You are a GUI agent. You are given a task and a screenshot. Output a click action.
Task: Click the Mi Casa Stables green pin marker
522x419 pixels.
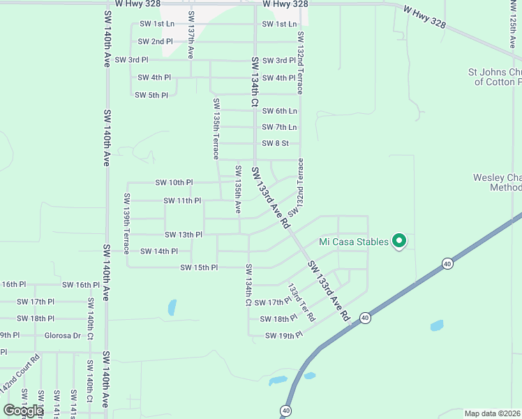point(399,241)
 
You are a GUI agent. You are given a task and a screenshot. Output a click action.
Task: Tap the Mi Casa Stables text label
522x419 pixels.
point(353,242)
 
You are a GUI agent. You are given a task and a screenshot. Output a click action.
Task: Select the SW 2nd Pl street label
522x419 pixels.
point(156,42)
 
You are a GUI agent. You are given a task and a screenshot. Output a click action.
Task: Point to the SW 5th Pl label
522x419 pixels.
point(151,95)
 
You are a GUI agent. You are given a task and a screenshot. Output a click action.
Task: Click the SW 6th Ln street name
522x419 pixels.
point(279,111)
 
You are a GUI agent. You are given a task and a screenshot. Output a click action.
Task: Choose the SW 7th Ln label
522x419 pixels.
point(279,127)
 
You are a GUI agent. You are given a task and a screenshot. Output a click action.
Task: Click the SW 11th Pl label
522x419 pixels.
point(181,201)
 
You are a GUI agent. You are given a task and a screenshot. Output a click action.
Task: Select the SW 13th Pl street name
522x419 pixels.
point(183,235)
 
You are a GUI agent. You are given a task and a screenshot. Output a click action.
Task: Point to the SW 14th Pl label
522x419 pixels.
point(158,251)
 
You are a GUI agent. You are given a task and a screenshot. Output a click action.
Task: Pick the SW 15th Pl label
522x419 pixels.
point(199,267)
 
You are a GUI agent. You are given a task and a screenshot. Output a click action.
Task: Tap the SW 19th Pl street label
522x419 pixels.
point(283,336)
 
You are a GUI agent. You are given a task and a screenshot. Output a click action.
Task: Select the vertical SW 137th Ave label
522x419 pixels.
point(191,34)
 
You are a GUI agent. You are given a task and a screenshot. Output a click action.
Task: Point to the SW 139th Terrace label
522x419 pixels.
point(126,223)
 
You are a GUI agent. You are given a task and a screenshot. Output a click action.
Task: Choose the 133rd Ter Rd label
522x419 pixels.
point(301,302)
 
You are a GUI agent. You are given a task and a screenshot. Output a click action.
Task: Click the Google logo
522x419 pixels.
point(23,411)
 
